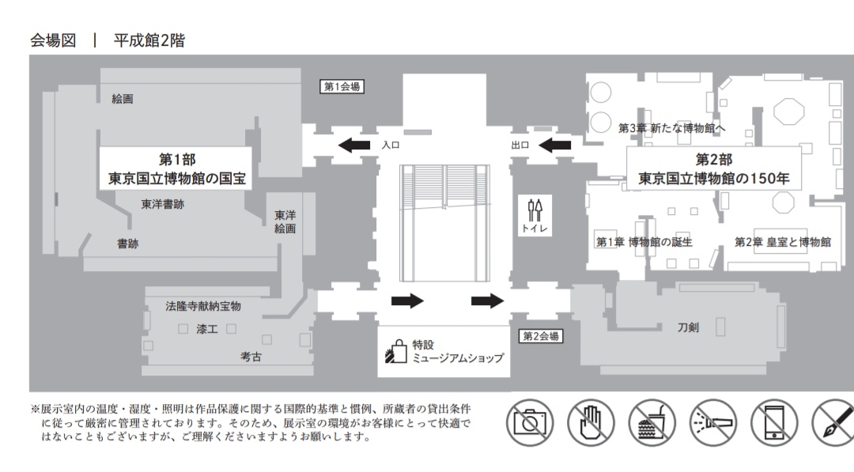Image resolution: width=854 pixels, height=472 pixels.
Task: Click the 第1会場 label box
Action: point(343,86)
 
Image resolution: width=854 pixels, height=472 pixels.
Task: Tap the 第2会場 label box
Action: point(542,336)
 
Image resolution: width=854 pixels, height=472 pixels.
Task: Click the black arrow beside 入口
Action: point(355,145)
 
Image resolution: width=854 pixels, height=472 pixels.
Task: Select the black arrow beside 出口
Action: point(556,145)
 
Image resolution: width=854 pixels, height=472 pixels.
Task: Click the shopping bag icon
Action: point(395,352)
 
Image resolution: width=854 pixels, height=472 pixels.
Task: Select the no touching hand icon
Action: point(591,421)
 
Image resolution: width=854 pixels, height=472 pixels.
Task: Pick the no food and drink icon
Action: point(652,421)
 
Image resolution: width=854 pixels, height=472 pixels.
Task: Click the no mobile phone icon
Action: point(774,421)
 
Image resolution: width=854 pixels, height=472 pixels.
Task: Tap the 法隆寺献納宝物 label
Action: point(203,305)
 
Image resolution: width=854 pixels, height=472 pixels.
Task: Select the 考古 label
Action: point(251,357)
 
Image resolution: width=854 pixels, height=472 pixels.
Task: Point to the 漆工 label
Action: point(207,328)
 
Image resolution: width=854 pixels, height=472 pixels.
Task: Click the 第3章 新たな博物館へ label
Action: point(672,127)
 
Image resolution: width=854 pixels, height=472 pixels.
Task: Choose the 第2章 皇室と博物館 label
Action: point(783,242)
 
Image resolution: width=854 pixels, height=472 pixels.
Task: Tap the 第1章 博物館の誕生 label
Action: point(644,242)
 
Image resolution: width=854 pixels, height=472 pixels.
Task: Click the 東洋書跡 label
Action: point(163,204)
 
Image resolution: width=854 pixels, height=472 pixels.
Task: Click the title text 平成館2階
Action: point(149,40)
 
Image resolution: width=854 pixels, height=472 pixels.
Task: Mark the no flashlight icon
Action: point(713,421)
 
